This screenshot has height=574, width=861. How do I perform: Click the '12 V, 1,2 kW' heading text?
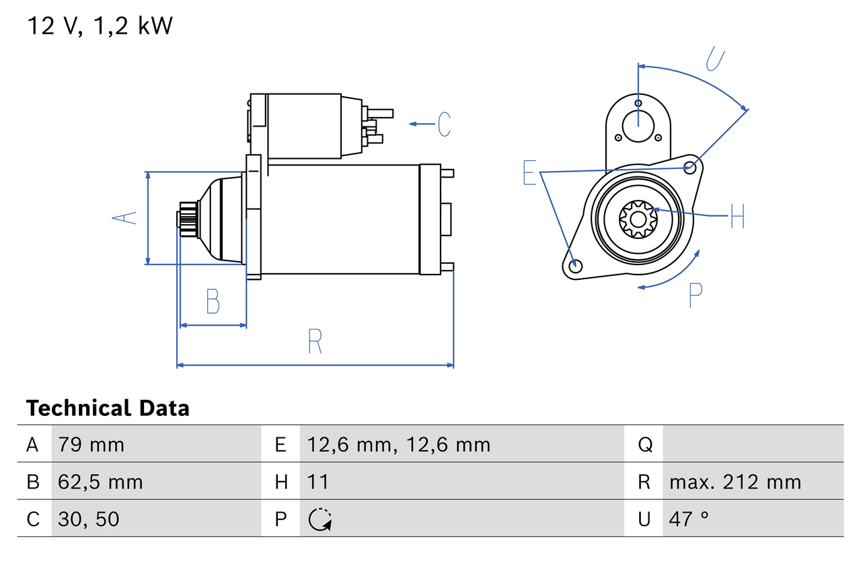point(100,26)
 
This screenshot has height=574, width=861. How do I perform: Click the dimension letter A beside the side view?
point(124,217)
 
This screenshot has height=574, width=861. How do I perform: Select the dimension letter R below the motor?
point(315,342)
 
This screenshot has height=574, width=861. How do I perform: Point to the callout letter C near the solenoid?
point(444,124)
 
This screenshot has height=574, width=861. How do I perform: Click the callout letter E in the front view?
point(530,173)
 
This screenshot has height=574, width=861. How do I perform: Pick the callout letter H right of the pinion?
point(737,216)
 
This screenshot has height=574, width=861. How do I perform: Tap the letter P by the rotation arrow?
point(695,295)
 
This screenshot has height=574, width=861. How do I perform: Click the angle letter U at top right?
point(716,59)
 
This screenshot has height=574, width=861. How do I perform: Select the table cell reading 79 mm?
point(91,445)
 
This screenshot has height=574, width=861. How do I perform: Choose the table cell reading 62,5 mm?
point(100,482)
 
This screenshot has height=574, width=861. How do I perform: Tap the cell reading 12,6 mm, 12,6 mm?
point(398,445)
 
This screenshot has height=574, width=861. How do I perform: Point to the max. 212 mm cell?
point(735,482)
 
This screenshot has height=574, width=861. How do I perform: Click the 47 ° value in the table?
point(689,519)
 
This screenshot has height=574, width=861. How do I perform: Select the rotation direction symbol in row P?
point(320,519)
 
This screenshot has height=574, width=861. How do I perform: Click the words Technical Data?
point(108,408)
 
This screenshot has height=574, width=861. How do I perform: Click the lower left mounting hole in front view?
point(574,266)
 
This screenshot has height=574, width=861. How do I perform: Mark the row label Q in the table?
point(645,445)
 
